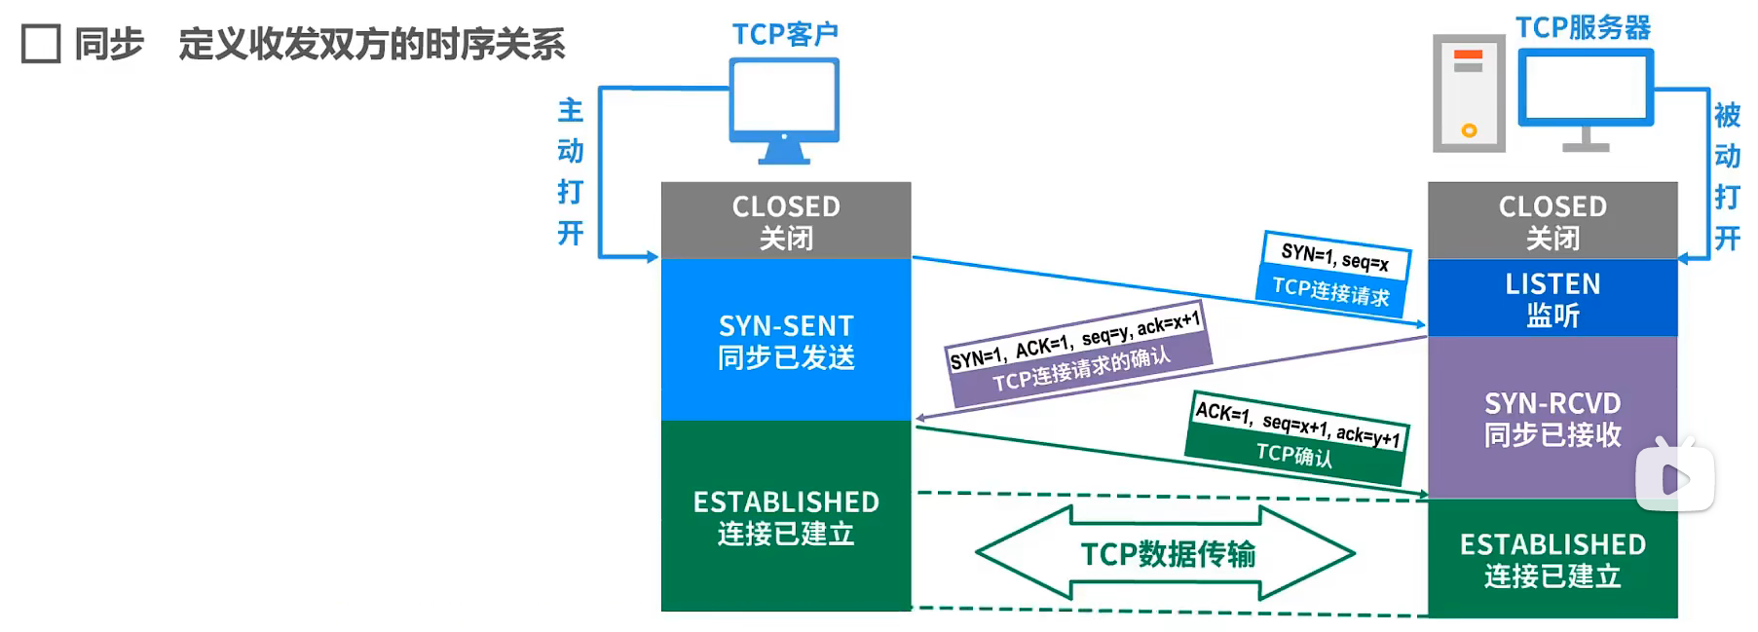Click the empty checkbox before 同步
pos(41,44)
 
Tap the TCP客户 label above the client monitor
pos(785,34)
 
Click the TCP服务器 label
pos(1583,27)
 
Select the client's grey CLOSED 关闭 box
pos(786,221)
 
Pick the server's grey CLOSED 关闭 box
pos(1552,221)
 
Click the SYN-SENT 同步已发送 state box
pos(786,341)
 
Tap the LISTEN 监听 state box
pos(1552,299)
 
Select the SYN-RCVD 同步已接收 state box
pos(1552,419)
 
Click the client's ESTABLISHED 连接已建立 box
pos(786,517)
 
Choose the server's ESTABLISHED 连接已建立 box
pos(1552,559)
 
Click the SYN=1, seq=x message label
pos(1335,257)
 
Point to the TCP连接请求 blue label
pos(1330,291)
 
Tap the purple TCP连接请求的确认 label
pos(1081,370)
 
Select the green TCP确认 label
pos(1293,454)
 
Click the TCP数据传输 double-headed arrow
pos(1167,553)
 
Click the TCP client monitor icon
pos(784,108)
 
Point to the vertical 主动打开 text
pos(571,171)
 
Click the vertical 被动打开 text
pos(1727,176)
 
